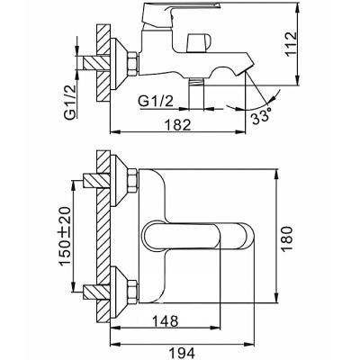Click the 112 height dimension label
click(291, 44)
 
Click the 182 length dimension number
click(178, 124)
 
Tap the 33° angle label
click(261, 117)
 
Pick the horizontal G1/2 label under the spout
click(157, 102)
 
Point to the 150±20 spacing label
click(65, 236)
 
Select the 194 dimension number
click(182, 353)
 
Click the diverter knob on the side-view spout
click(198, 42)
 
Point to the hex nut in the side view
click(132, 63)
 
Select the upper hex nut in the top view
click(132, 181)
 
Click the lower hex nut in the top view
click(132, 292)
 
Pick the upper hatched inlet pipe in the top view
click(96, 181)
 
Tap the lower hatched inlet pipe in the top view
click(96, 292)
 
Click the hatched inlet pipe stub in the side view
click(96, 63)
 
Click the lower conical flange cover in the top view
click(119, 292)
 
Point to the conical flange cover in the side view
click(119, 63)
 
